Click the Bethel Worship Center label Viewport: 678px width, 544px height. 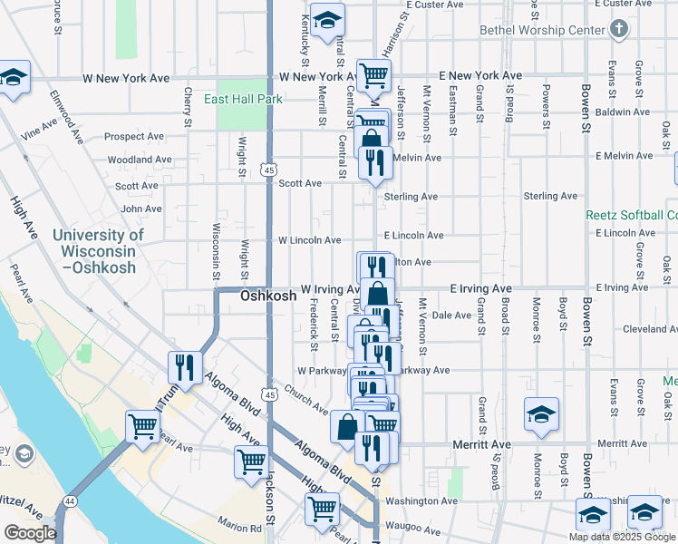(x=542, y=31)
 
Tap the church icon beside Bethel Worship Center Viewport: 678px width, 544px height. (x=619, y=29)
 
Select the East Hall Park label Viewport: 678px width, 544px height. (x=243, y=99)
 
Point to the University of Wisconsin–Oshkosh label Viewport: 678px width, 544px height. (x=97, y=251)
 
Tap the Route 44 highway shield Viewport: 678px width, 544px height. (x=70, y=501)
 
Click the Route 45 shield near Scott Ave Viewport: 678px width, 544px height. (x=268, y=170)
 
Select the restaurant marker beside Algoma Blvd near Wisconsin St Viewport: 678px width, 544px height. (x=185, y=367)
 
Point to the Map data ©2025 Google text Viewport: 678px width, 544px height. (x=622, y=536)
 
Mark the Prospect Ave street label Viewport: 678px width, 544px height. (x=134, y=137)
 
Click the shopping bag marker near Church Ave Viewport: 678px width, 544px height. (x=348, y=425)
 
